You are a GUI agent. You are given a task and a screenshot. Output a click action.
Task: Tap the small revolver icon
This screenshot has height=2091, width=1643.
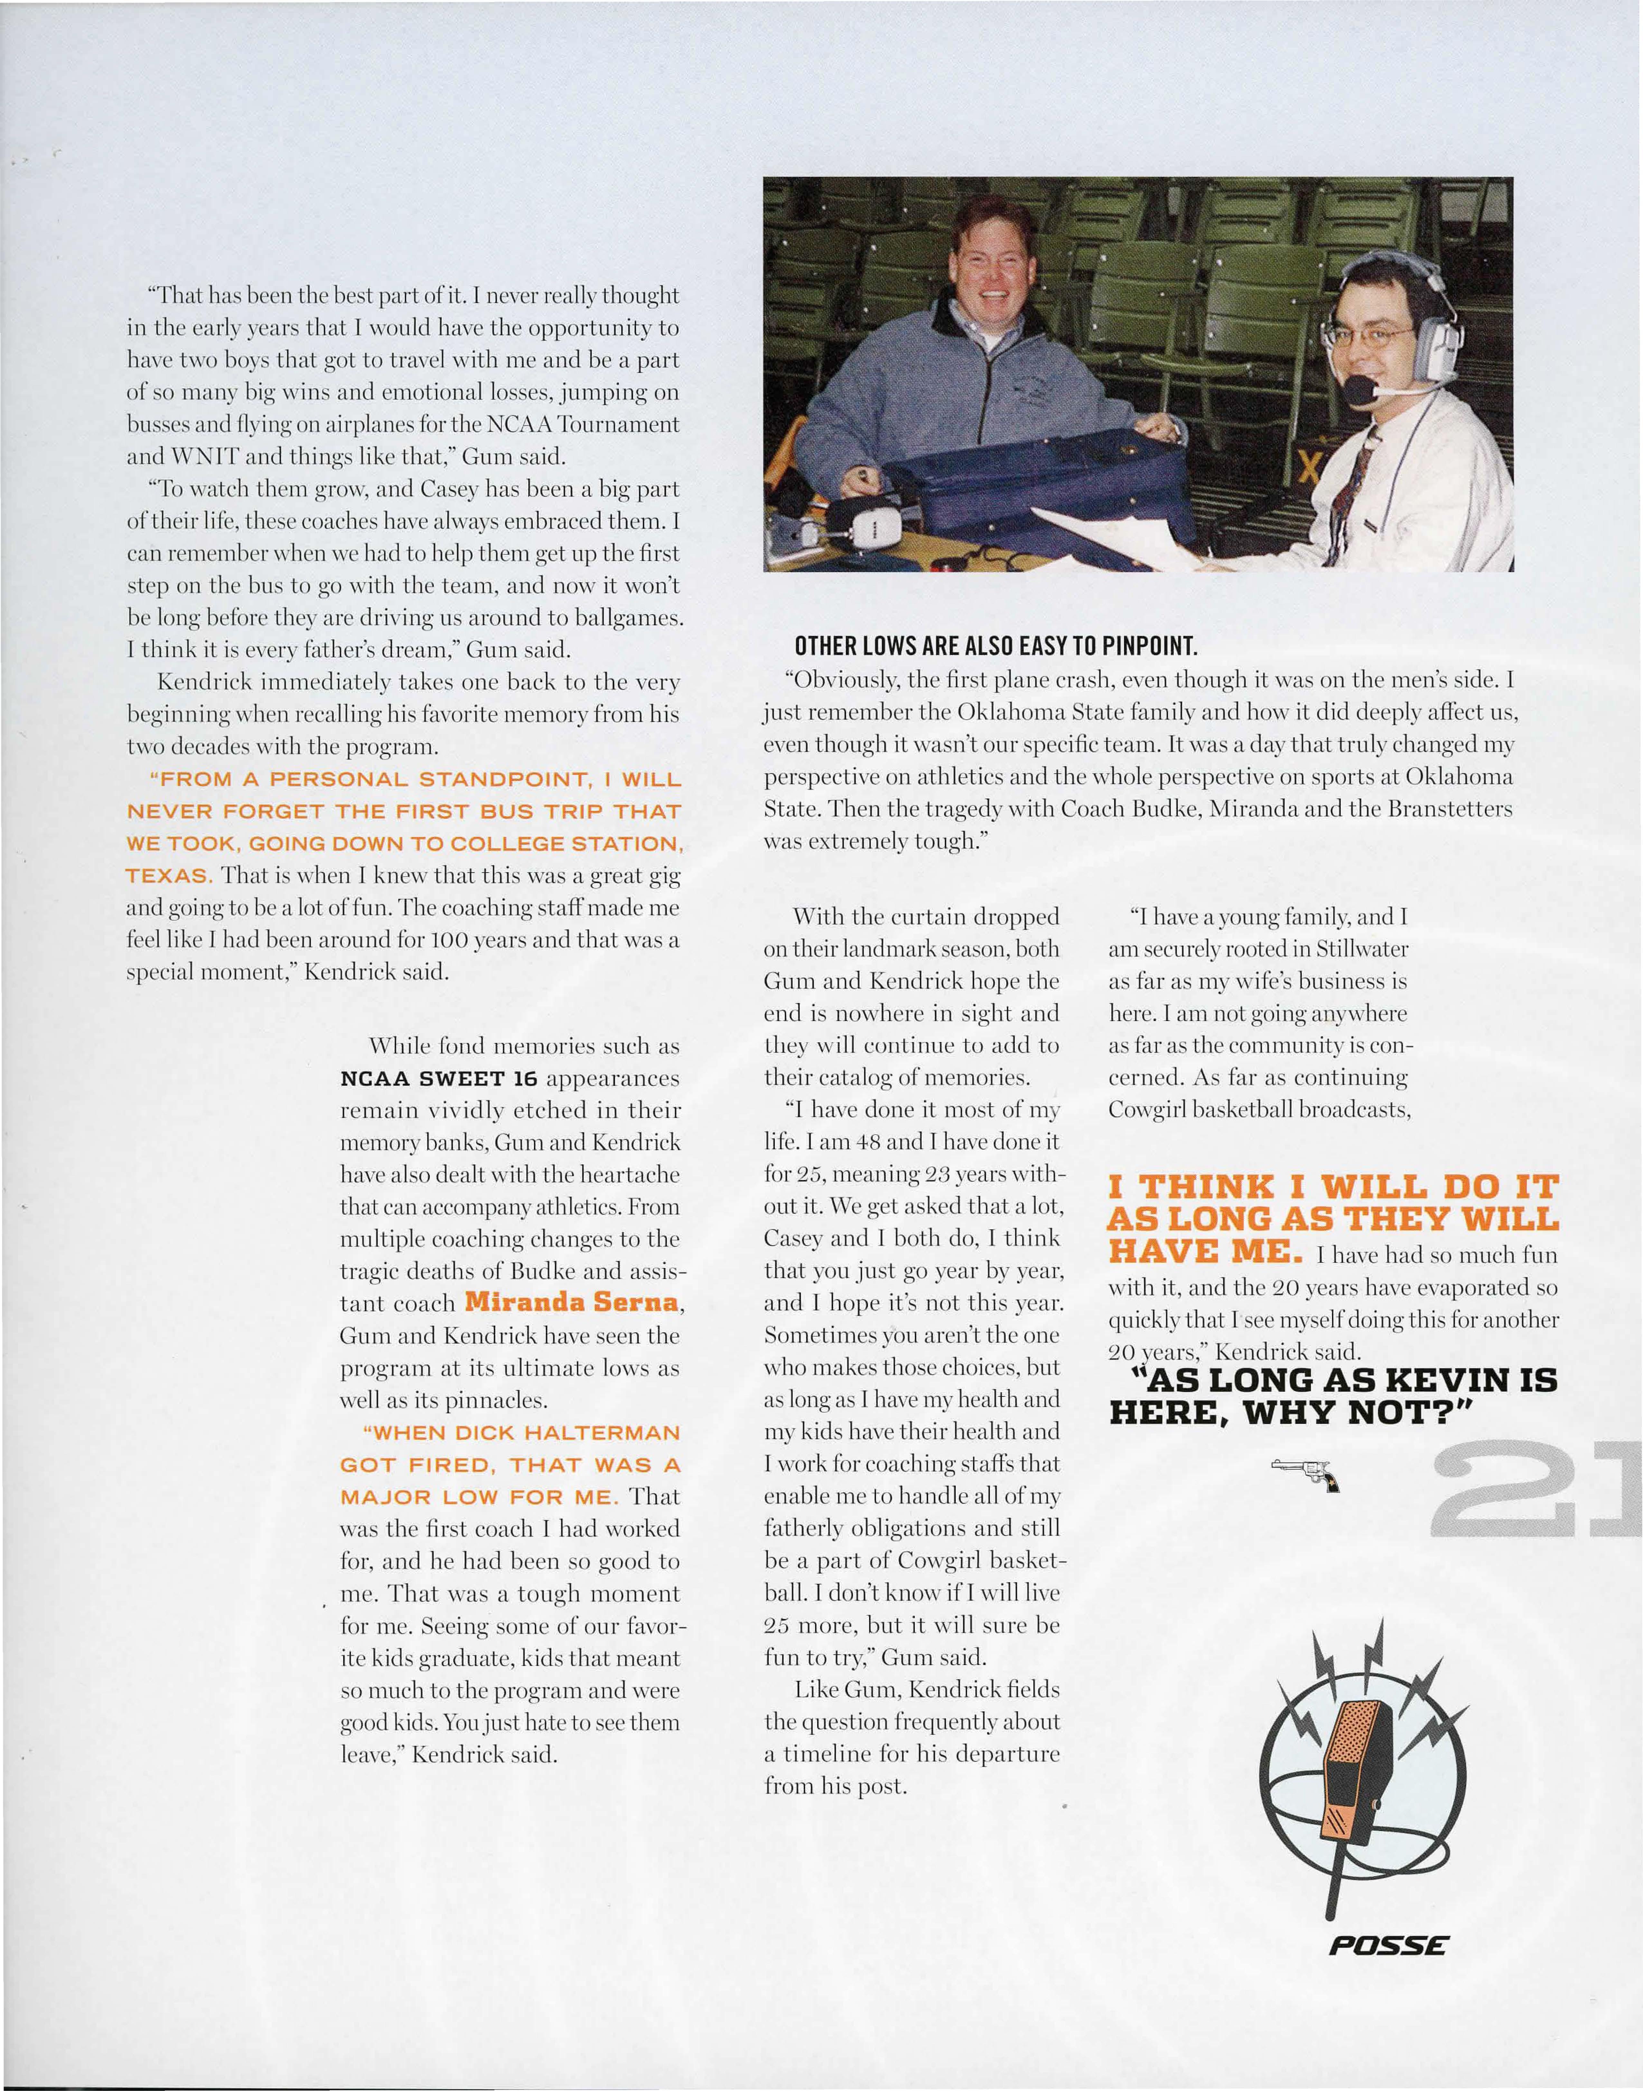click(1305, 1473)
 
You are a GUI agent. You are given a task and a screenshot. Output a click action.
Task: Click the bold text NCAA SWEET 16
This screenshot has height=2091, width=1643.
click(438, 1079)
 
